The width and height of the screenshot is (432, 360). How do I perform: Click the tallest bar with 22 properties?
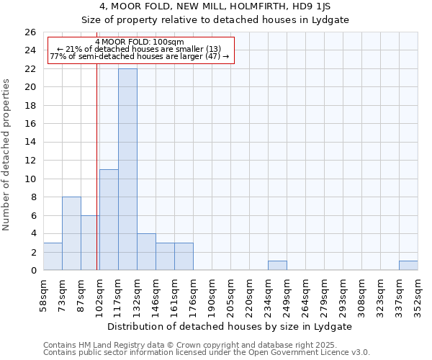pyautogui.click(x=127, y=169)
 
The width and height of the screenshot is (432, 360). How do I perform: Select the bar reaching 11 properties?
pyautogui.click(x=109, y=220)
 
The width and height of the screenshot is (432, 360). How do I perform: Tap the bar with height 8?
pyautogui.click(x=71, y=233)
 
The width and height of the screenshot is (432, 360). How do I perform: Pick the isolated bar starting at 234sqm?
pyautogui.click(x=277, y=266)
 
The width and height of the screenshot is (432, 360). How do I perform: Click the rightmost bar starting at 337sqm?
pyautogui.click(x=408, y=266)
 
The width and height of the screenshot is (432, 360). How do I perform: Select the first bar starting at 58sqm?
pyautogui.click(x=53, y=256)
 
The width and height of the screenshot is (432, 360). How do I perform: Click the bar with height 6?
pyautogui.click(x=90, y=243)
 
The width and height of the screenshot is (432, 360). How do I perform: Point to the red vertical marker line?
pyautogui.click(x=97, y=180)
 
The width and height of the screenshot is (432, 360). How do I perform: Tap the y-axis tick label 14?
pyautogui.click(x=30, y=143)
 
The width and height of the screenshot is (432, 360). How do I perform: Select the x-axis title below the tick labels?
pyautogui.click(x=230, y=326)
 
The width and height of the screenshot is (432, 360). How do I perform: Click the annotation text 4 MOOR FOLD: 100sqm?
pyautogui.click(x=140, y=42)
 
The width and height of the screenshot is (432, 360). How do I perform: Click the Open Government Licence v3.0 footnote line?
pyautogui.click(x=207, y=353)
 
